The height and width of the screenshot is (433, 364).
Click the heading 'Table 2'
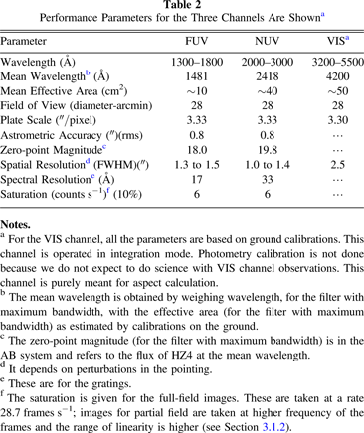tap(181, 7)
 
